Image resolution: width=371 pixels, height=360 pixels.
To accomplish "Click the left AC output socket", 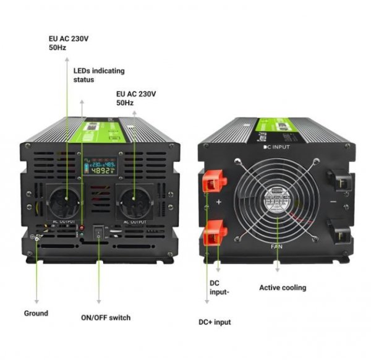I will (65, 201).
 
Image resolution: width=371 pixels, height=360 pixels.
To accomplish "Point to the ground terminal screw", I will (38, 238).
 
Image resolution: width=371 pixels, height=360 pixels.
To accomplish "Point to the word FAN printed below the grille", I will (276, 247).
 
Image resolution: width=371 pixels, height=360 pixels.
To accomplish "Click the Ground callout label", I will (36, 313).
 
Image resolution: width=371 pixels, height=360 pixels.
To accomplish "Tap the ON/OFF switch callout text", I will (106, 318).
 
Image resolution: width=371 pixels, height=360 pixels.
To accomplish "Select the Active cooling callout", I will (282, 288).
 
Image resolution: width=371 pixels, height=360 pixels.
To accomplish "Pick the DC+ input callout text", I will (215, 322).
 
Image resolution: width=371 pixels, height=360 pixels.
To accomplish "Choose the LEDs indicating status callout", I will (92, 75).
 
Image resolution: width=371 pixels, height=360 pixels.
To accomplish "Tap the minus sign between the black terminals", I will (334, 202).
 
